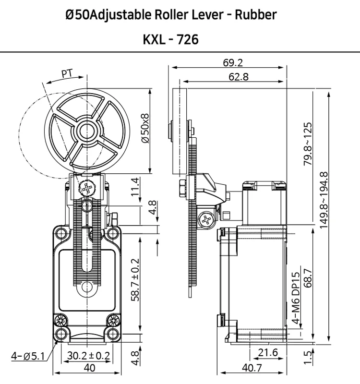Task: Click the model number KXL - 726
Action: [x=171, y=39]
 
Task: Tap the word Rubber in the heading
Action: [x=256, y=15]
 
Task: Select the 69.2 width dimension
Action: [x=233, y=63]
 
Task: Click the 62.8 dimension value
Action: [x=239, y=77]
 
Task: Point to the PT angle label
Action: [x=67, y=73]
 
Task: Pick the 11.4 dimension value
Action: [x=135, y=187]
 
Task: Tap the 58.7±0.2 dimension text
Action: [x=135, y=280]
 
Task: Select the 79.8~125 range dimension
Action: [x=308, y=144]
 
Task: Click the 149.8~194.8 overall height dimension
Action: [x=324, y=200]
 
